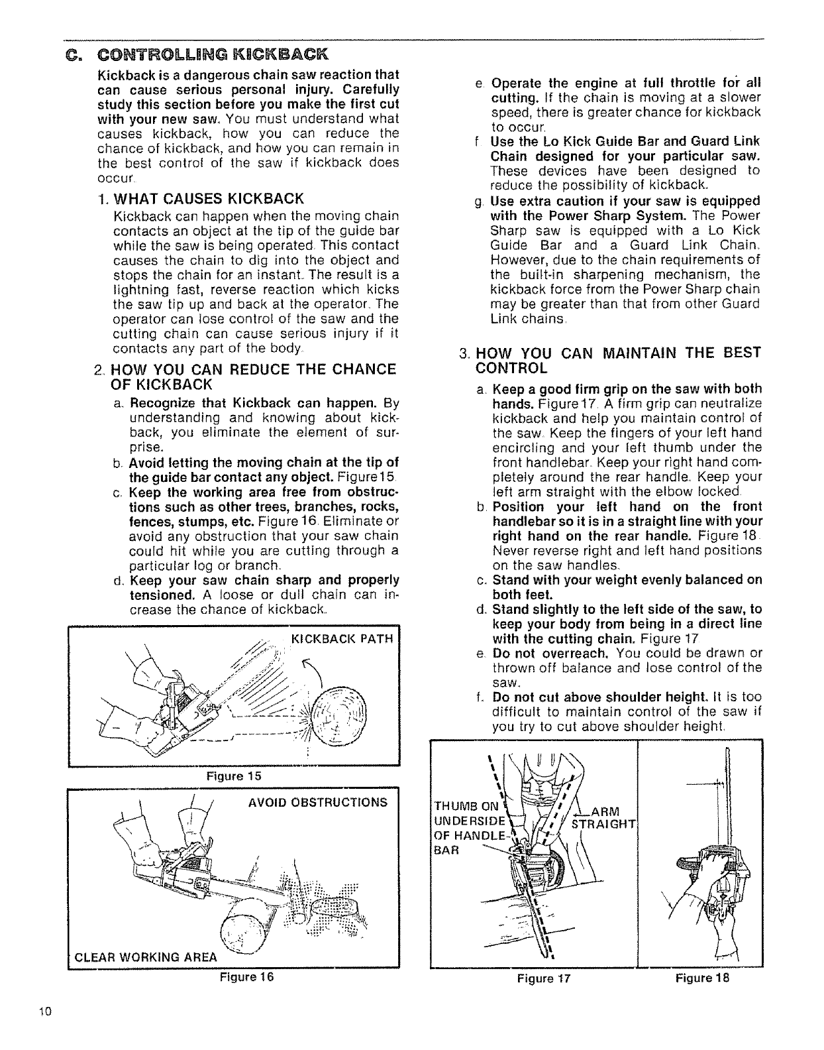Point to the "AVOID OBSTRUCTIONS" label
318,802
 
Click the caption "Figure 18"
702,977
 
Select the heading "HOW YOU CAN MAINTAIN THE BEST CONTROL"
619,360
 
